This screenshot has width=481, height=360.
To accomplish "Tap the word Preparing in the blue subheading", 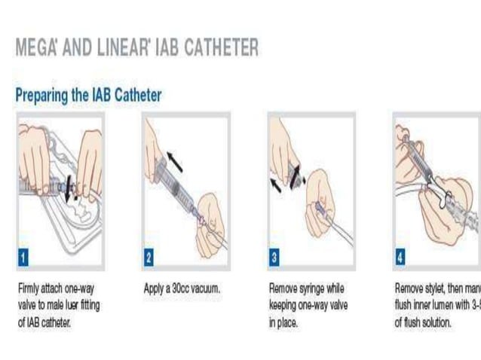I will click(46, 96).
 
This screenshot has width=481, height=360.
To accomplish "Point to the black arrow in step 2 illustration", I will click(174, 159).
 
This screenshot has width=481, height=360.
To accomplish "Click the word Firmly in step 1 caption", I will click(29, 288).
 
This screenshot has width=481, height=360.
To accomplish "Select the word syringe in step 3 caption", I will click(312, 288).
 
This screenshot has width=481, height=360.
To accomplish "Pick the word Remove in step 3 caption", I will click(283, 288).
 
